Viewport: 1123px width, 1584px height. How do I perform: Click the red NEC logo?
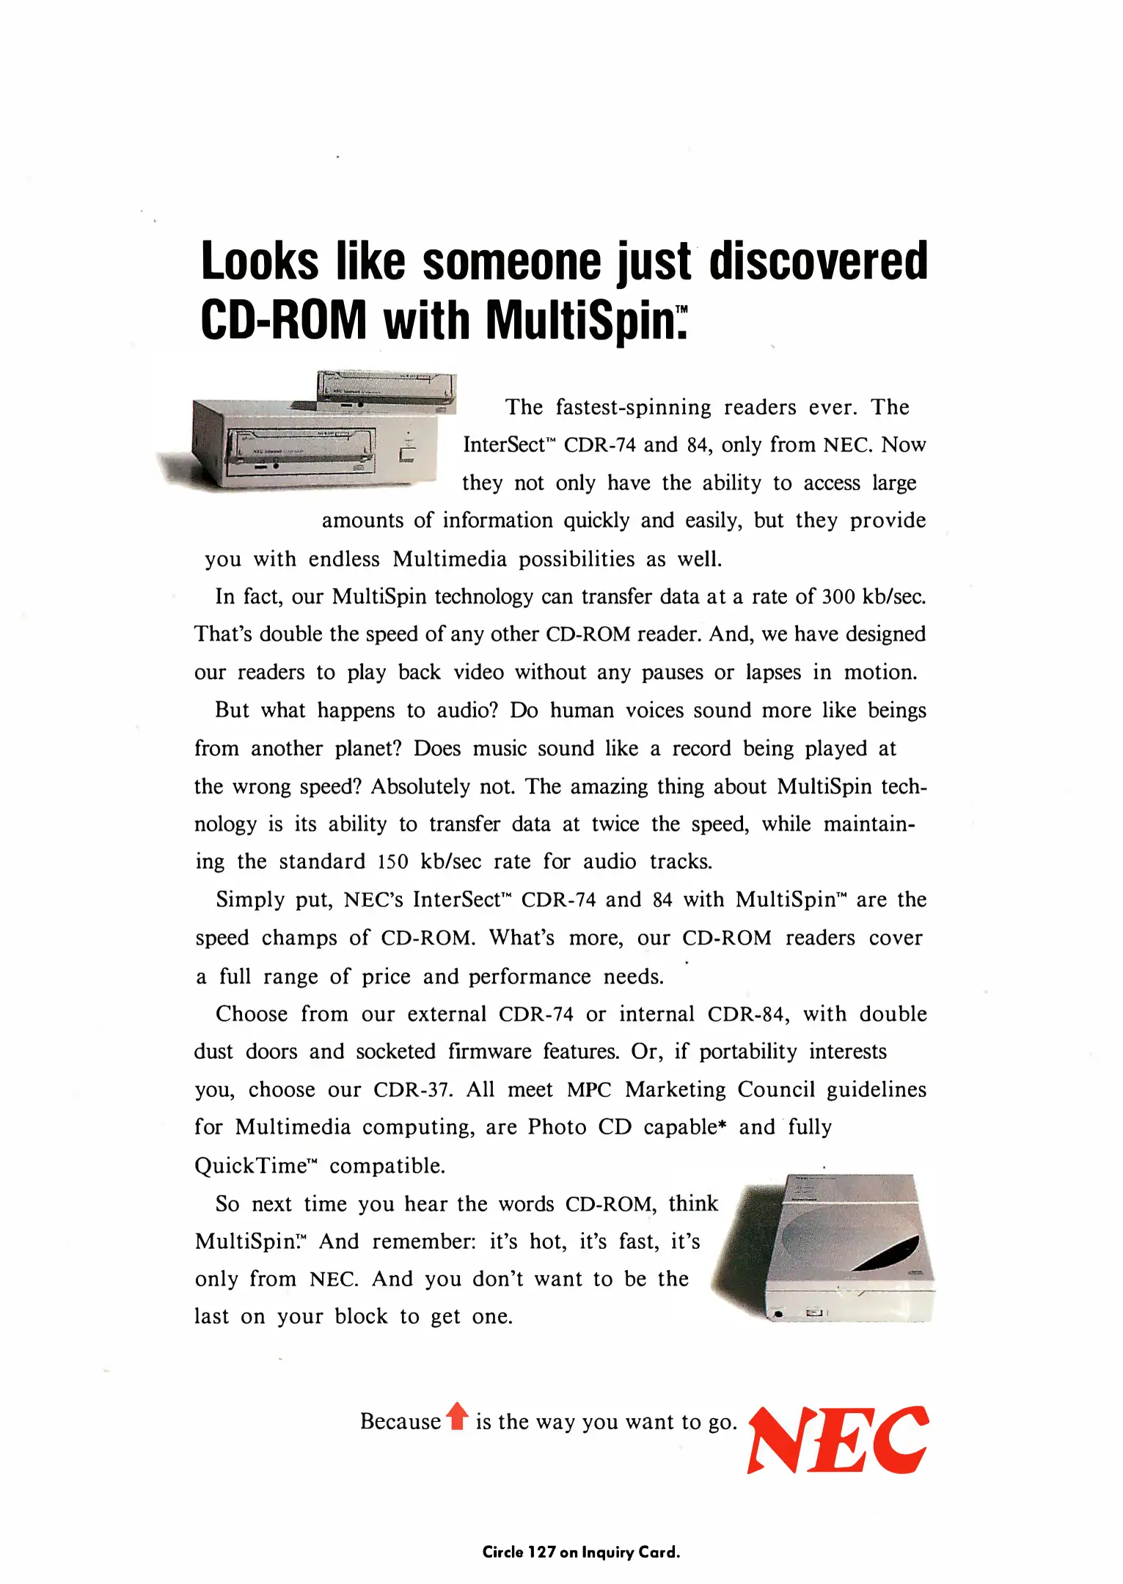(x=838, y=1440)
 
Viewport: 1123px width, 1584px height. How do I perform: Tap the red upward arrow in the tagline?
(x=457, y=1416)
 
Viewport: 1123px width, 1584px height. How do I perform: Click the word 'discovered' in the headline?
(x=818, y=261)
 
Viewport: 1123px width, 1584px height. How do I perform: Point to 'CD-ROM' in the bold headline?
(x=283, y=321)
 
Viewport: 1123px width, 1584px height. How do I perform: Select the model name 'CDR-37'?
(x=410, y=1089)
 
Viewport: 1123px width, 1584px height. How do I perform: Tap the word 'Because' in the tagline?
(x=400, y=1421)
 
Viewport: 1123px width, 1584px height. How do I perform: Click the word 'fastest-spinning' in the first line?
(x=633, y=408)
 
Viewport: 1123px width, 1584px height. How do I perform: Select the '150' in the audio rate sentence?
(x=392, y=862)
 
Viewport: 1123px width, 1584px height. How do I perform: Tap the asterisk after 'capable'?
(x=723, y=1125)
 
